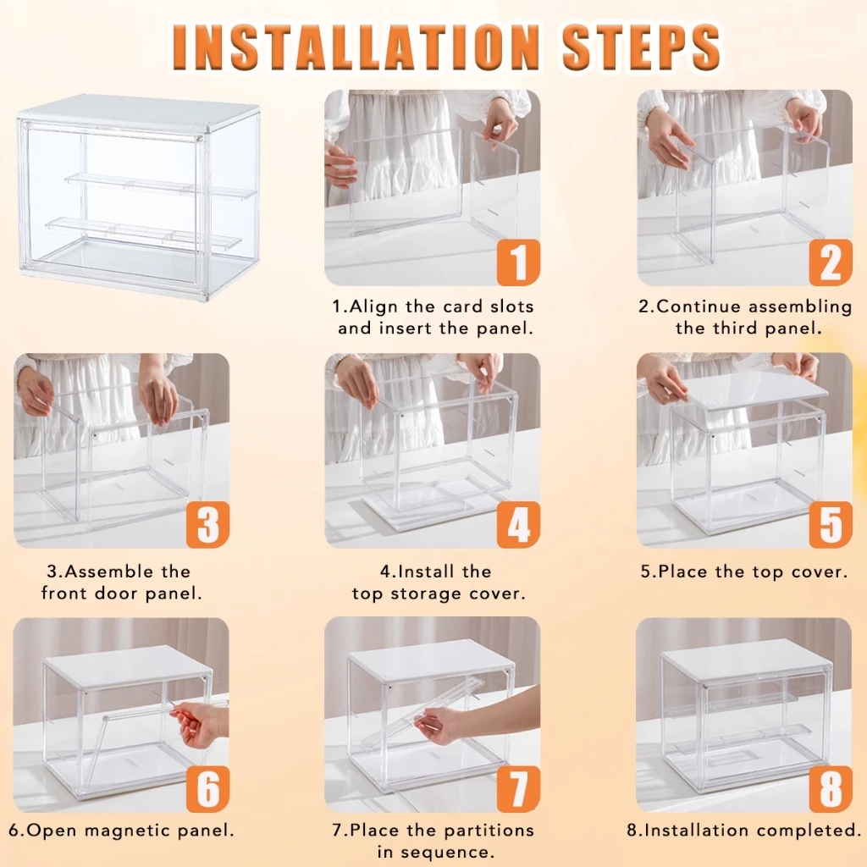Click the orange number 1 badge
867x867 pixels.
(x=518, y=262)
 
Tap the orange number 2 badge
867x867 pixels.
(x=831, y=262)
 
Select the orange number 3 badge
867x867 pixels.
(x=207, y=524)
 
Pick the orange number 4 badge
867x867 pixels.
(x=518, y=524)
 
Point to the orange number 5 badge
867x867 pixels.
(x=831, y=524)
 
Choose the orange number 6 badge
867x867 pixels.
(x=207, y=788)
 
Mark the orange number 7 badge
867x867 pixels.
(x=518, y=788)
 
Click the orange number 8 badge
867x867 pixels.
(x=831, y=788)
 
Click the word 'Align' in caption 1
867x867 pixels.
(x=375, y=306)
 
